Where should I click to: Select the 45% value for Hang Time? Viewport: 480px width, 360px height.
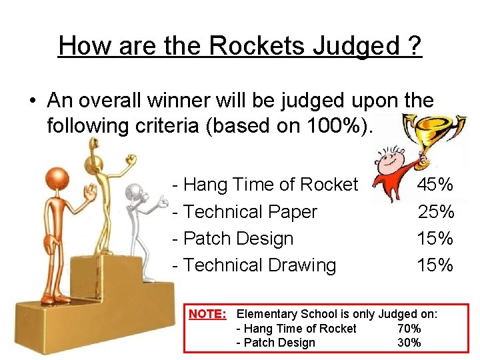point(435,185)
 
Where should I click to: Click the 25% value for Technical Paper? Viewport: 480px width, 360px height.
point(435,212)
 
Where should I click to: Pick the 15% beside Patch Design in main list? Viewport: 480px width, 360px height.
point(435,239)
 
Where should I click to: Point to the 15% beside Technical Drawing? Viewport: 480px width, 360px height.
point(435,265)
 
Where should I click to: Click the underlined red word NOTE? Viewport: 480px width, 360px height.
point(209,314)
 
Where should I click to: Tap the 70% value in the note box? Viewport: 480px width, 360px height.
point(409,329)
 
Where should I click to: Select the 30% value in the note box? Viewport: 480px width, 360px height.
point(409,343)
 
